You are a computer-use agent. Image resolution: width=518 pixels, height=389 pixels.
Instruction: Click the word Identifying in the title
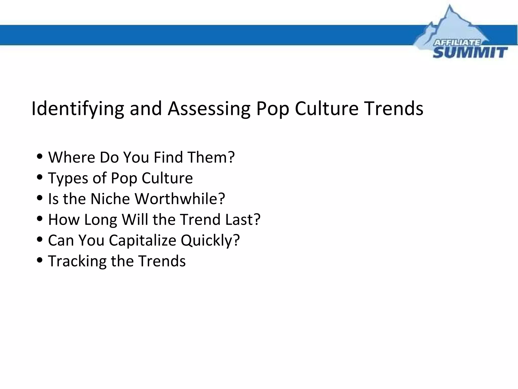[x=77, y=109]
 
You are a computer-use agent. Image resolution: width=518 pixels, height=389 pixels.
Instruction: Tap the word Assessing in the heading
[x=209, y=109]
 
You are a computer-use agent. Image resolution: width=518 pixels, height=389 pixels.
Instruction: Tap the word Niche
[x=110, y=199]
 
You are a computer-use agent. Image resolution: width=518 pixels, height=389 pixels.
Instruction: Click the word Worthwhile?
[x=180, y=199]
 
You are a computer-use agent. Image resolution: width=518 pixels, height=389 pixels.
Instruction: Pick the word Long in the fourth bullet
[x=100, y=220]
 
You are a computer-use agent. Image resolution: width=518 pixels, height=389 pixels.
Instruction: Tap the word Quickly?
[x=210, y=240]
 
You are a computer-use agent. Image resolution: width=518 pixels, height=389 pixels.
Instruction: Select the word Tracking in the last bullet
[x=77, y=261]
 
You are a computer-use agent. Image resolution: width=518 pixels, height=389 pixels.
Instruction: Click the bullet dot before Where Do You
[x=40, y=156]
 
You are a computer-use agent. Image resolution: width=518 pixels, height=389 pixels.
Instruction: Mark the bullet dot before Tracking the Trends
[x=40, y=260]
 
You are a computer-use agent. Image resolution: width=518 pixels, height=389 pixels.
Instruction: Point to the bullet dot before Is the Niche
[x=40, y=198]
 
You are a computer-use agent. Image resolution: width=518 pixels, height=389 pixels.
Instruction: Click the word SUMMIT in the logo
[x=470, y=53]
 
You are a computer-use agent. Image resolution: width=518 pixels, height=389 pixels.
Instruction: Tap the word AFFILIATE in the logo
[x=457, y=43]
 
